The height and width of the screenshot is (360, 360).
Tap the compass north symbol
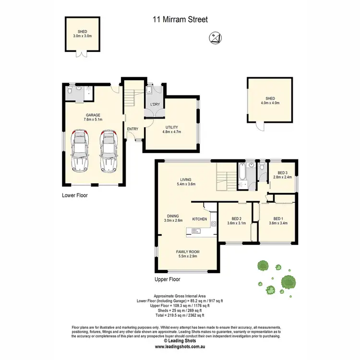coord(214,37)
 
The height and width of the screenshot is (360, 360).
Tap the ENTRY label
coord(132,129)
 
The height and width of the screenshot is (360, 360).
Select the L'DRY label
coord(155,104)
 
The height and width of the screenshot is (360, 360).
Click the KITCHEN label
coord(200,219)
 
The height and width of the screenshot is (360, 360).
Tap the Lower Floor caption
coord(75,195)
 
